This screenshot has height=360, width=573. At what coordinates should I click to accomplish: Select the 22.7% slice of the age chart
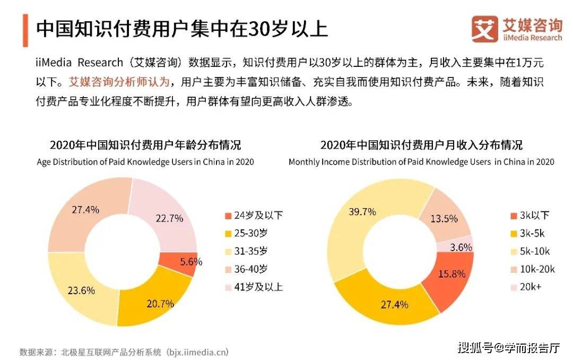point(166,216)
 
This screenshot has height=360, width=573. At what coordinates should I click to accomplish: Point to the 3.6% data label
point(461,247)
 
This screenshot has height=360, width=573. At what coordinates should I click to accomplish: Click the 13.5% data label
point(444,219)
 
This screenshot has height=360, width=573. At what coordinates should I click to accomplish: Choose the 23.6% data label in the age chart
point(81,290)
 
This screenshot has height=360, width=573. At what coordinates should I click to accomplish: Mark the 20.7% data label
point(160,304)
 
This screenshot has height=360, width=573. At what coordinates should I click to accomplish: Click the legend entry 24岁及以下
point(254,216)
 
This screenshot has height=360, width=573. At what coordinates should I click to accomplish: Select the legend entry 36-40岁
point(246,269)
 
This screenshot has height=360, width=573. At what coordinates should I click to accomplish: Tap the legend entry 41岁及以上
point(254,287)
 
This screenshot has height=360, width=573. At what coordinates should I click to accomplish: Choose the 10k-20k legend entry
point(533,269)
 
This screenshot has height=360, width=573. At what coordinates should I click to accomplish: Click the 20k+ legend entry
point(526,287)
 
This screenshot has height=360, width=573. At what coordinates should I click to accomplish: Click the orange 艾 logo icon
point(484,29)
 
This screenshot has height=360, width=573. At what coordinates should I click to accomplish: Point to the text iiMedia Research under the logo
point(533,38)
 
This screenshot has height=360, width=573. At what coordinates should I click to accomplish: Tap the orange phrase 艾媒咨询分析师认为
point(119,82)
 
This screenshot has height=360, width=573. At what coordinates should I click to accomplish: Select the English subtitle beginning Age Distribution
point(145,162)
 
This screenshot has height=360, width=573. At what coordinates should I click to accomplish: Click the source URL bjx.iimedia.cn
point(197,353)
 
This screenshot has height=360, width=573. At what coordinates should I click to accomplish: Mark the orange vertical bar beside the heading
point(25,30)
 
